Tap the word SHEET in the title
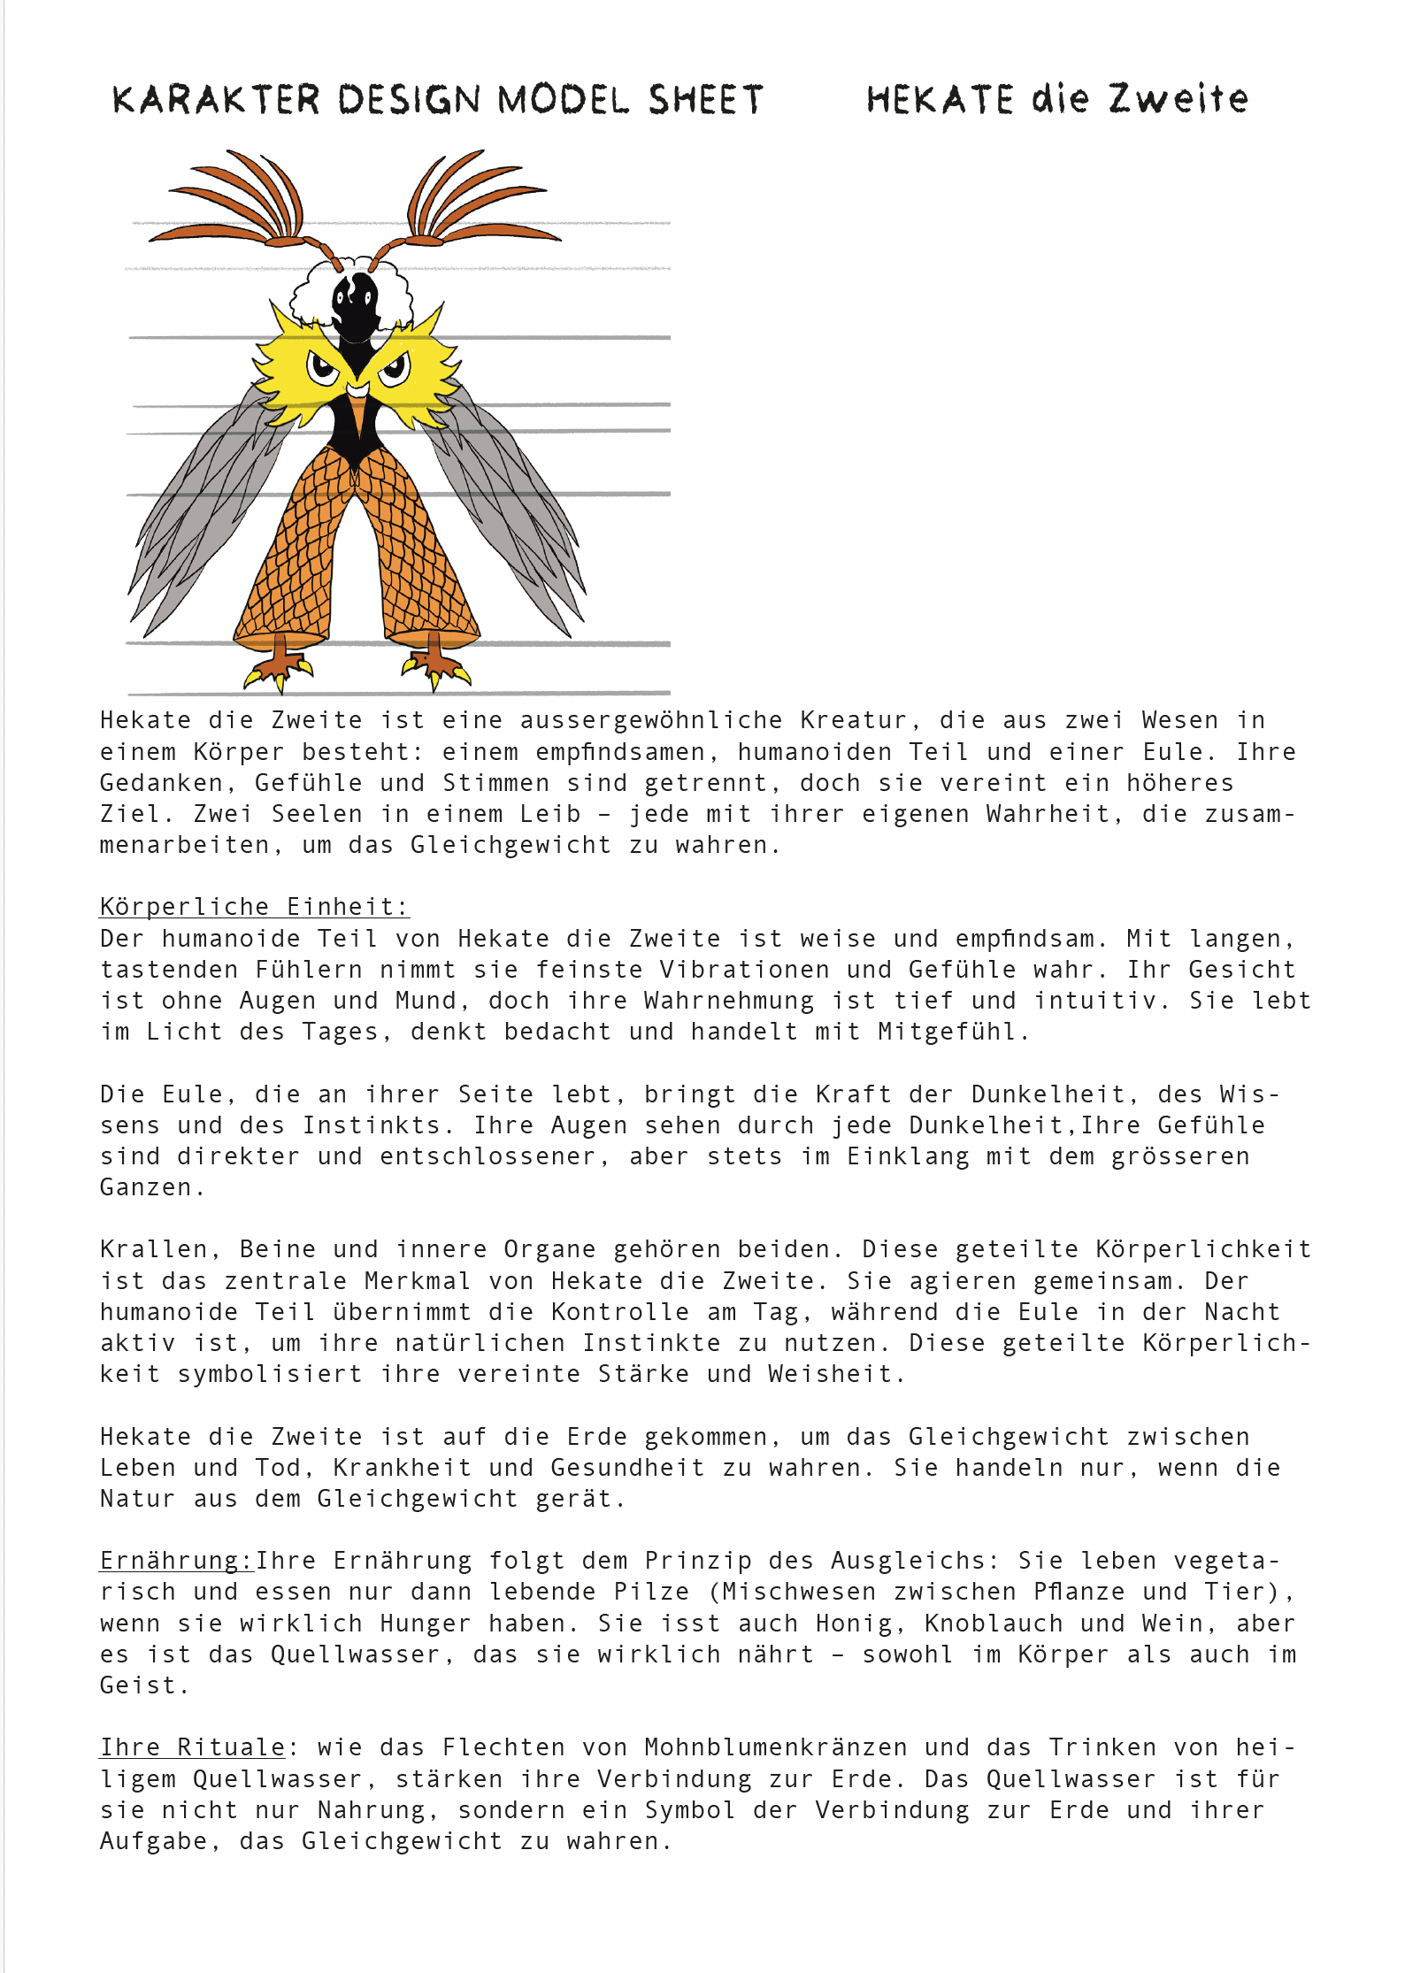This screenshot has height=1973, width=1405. (705, 100)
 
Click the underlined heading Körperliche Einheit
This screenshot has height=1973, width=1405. (254, 907)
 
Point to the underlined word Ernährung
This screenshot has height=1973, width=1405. (176, 1560)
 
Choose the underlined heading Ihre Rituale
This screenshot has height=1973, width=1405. (193, 1747)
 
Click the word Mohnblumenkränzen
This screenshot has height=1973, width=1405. (776, 1747)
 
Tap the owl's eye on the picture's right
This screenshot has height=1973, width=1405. (395, 366)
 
